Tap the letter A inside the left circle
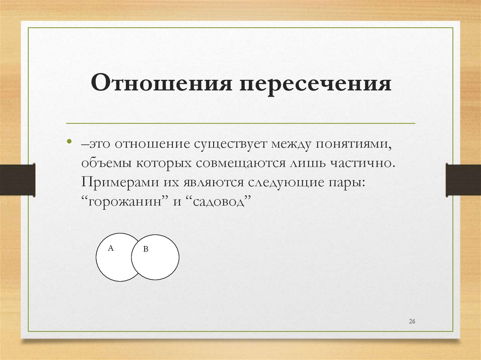pyautogui.click(x=111, y=248)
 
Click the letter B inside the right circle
pyautogui.click(x=146, y=249)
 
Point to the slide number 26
pyautogui.click(x=412, y=321)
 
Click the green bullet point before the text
pyautogui.click(x=70, y=142)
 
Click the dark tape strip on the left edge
pyautogui.click(x=17, y=179)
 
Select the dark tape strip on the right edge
pyautogui.click(x=463, y=179)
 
